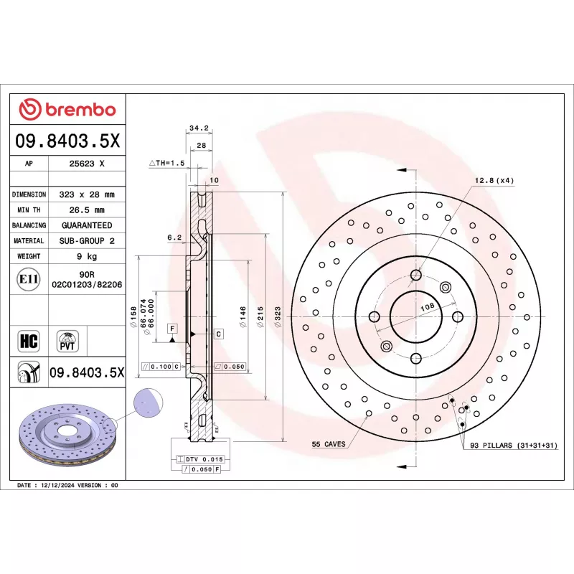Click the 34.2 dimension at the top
coord(198,128)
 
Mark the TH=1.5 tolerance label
coord(166,164)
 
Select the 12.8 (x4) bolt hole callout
coord(494,180)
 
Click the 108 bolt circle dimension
coord(428,306)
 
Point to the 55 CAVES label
coord(328,445)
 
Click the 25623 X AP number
coord(87,164)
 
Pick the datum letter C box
coord(218,334)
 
